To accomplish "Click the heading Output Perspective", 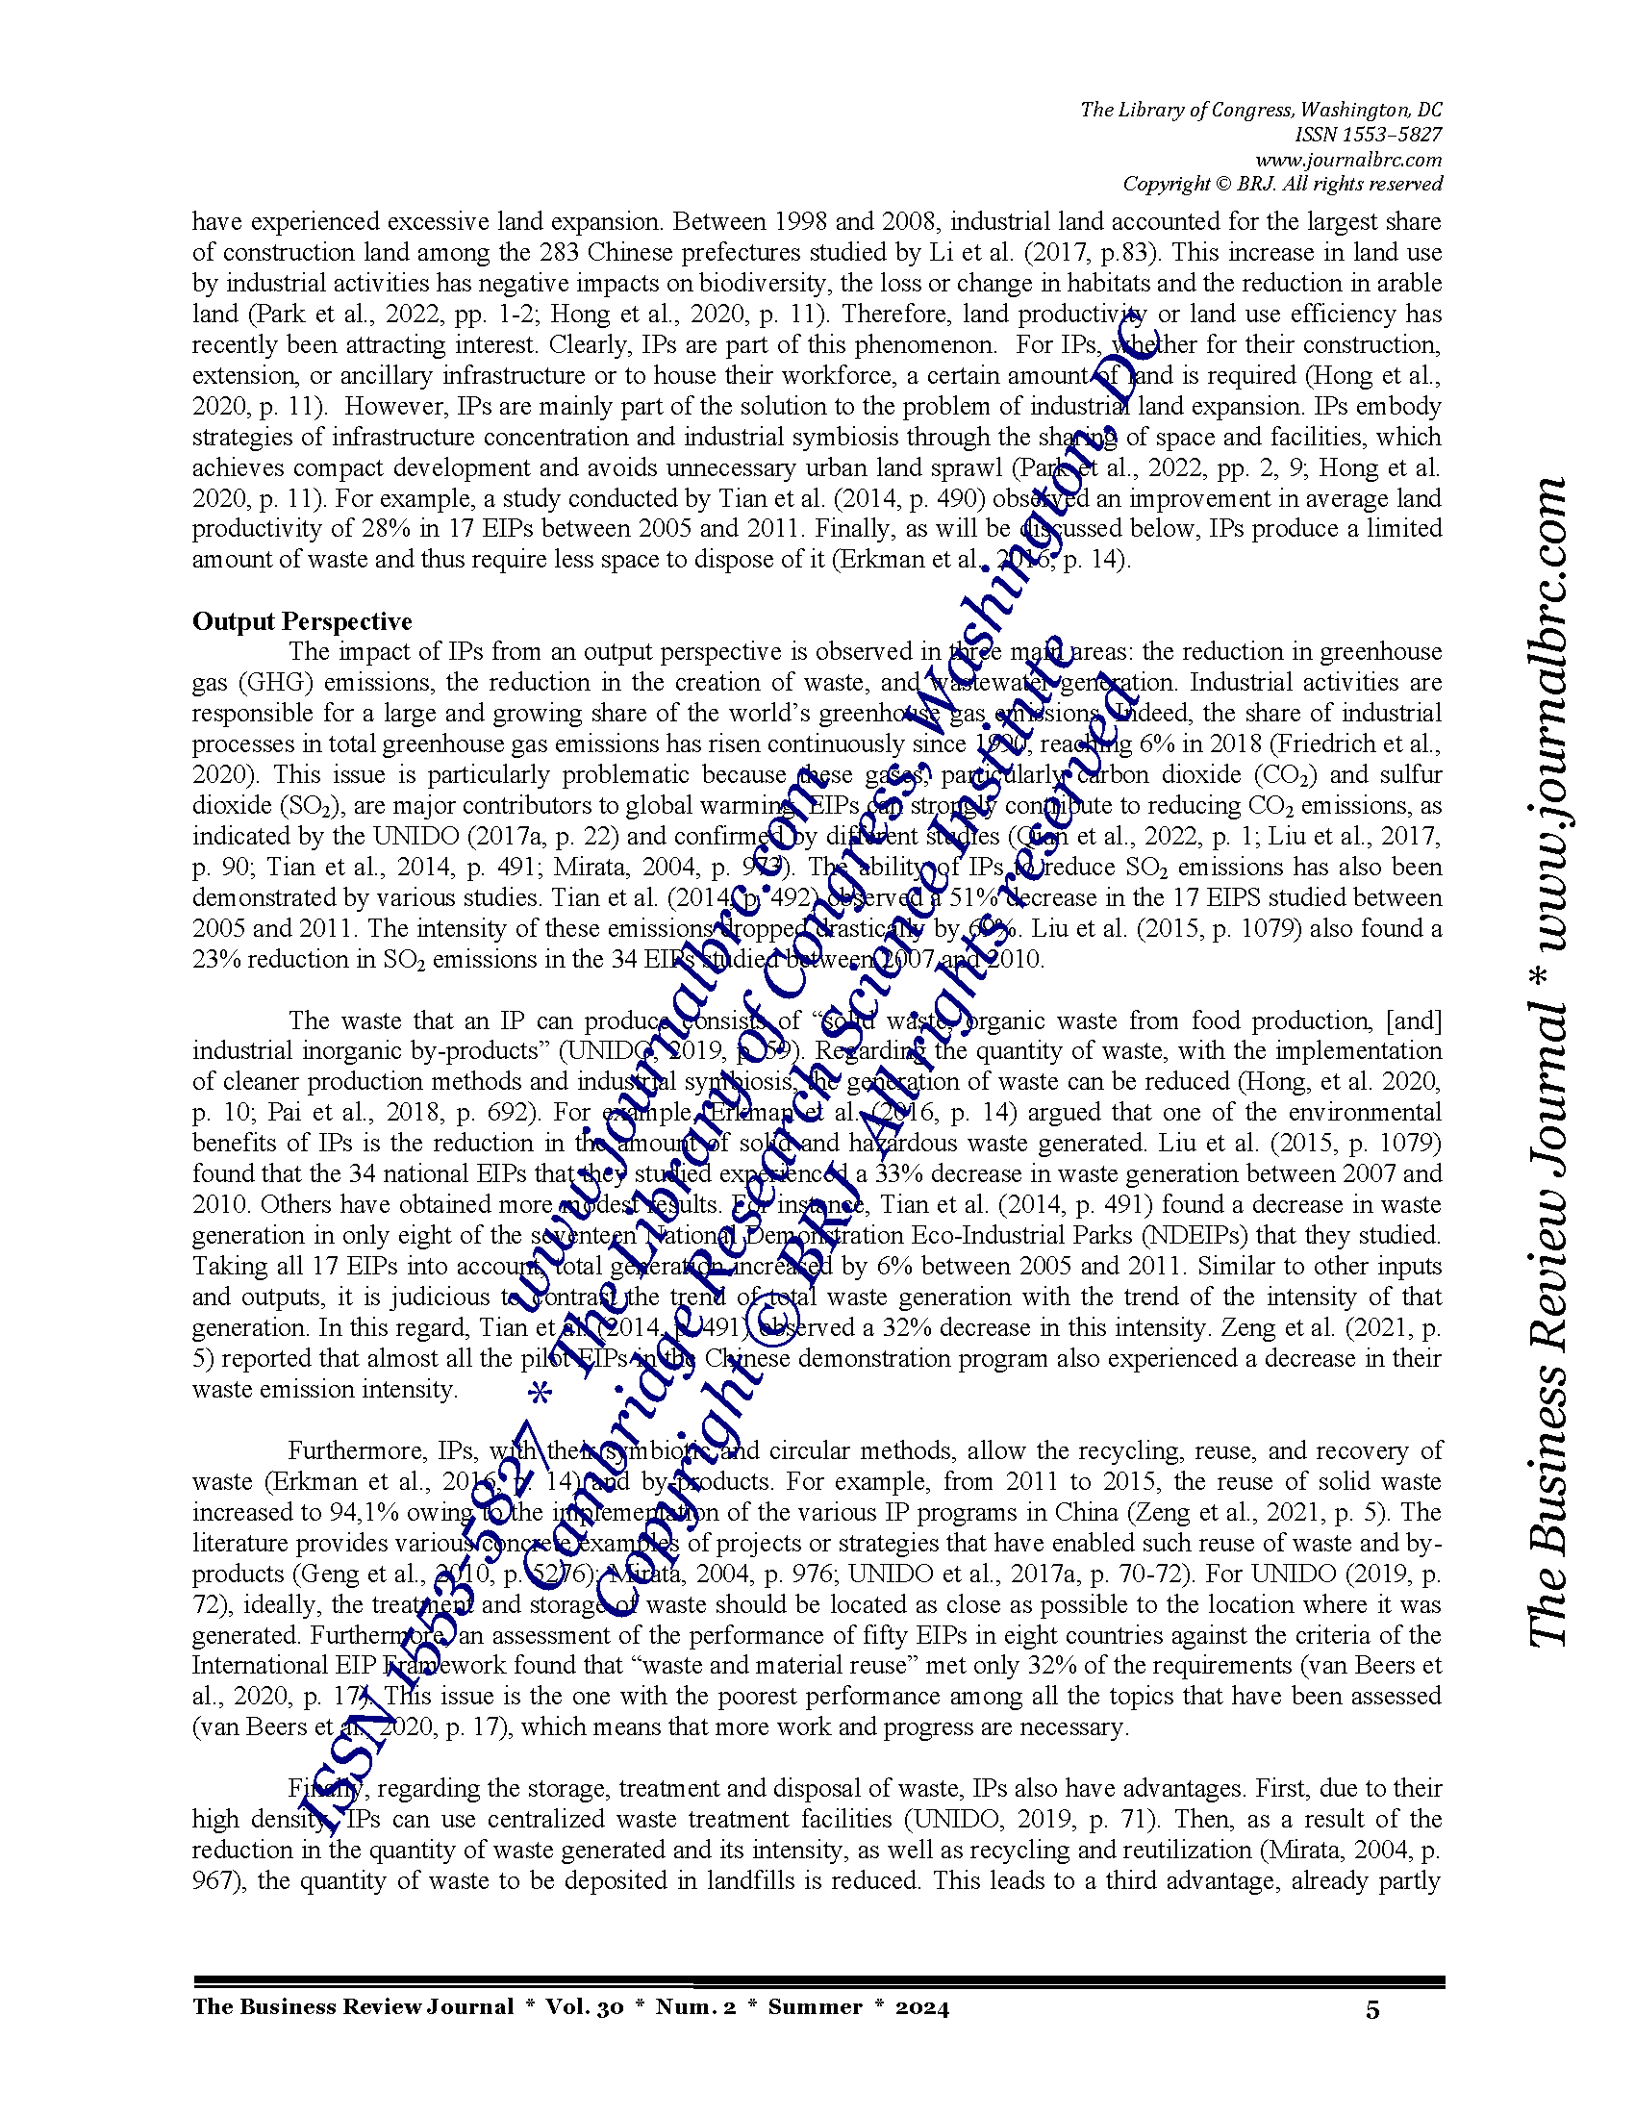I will point(301,621).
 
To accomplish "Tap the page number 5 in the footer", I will point(1372,2009).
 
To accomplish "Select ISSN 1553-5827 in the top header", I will point(1368,135).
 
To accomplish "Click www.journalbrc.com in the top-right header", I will point(1348,160).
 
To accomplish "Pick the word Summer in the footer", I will point(815,2006).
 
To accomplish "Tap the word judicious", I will point(440,1297).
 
